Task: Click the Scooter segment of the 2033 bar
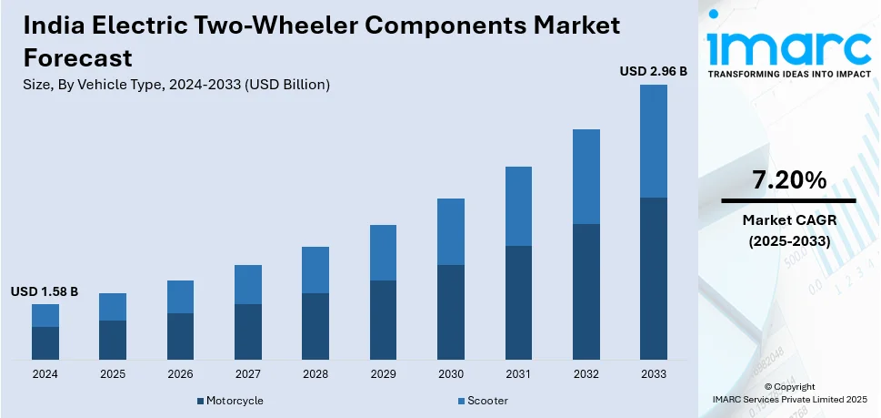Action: pos(653,141)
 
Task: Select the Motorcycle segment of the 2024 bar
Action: pos(45,342)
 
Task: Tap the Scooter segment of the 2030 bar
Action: pos(451,231)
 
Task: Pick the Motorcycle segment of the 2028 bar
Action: pos(315,326)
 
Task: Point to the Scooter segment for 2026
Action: pos(180,297)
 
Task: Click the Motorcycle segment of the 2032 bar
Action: pos(586,291)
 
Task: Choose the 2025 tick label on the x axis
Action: pos(113,374)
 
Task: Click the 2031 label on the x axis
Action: pos(518,374)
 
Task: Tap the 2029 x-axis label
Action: pos(383,374)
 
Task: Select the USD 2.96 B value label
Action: pos(653,70)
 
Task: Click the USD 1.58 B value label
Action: pos(45,291)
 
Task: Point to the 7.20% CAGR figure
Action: pos(788,179)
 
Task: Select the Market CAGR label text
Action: pos(788,220)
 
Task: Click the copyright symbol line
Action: pos(788,386)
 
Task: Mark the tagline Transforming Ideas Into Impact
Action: pos(787,74)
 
